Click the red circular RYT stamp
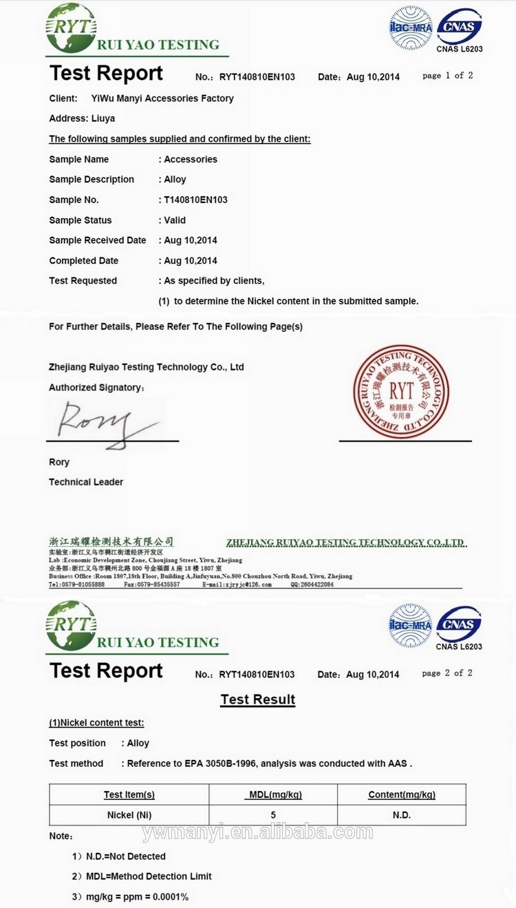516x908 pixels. pyautogui.click(x=401, y=392)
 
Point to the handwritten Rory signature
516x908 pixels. pyautogui.click(x=103, y=423)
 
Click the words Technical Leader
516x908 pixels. pyautogui.click(x=86, y=482)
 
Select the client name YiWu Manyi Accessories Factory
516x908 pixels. pyautogui.click(x=162, y=98)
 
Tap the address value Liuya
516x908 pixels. pyautogui.click(x=103, y=118)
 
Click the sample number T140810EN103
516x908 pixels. pyautogui.click(x=195, y=200)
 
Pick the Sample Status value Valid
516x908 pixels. pyautogui.click(x=175, y=220)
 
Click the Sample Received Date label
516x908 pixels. pyautogui.click(x=98, y=240)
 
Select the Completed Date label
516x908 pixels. pyautogui.click(x=84, y=261)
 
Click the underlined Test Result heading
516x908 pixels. pyautogui.click(x=258, y=699)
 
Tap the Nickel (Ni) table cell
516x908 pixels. pyautogui.click(x=129, y=815)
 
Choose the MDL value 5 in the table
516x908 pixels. pyautogui.click(x=273, y=815)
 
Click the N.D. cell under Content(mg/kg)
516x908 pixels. pyautogui.click(x=402, y=815)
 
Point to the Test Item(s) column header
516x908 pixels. pyautogui.click(x=129, y=794)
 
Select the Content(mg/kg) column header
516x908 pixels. pyautogui.click(x=402, y=794)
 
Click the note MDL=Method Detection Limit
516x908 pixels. pyautogui.click(x=149, y=876)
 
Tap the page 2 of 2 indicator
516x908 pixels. pyautogui.click(x=447, y=673)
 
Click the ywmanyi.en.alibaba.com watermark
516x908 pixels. pyautogui.click(x=258, y=833)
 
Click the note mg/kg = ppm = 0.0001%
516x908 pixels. pyautogui.click(x=137, y=897)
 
